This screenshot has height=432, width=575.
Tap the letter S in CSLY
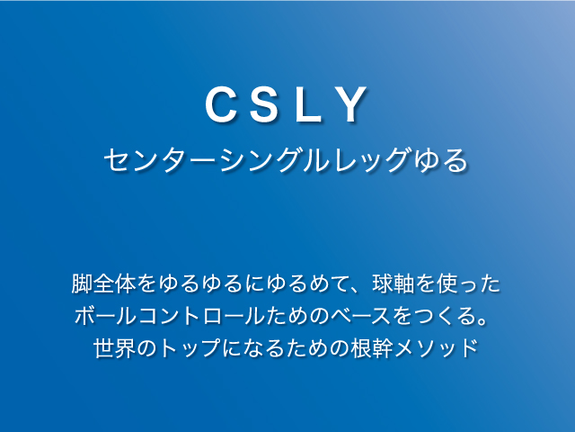263,104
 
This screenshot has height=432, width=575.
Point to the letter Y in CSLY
351,104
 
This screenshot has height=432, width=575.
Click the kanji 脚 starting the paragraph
82,283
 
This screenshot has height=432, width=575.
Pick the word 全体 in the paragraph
114,283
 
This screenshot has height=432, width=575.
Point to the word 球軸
394,283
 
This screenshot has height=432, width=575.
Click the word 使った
469,283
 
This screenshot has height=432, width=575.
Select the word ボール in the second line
106,316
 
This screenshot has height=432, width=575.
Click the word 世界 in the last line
115,347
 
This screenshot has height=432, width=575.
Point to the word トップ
190,347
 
